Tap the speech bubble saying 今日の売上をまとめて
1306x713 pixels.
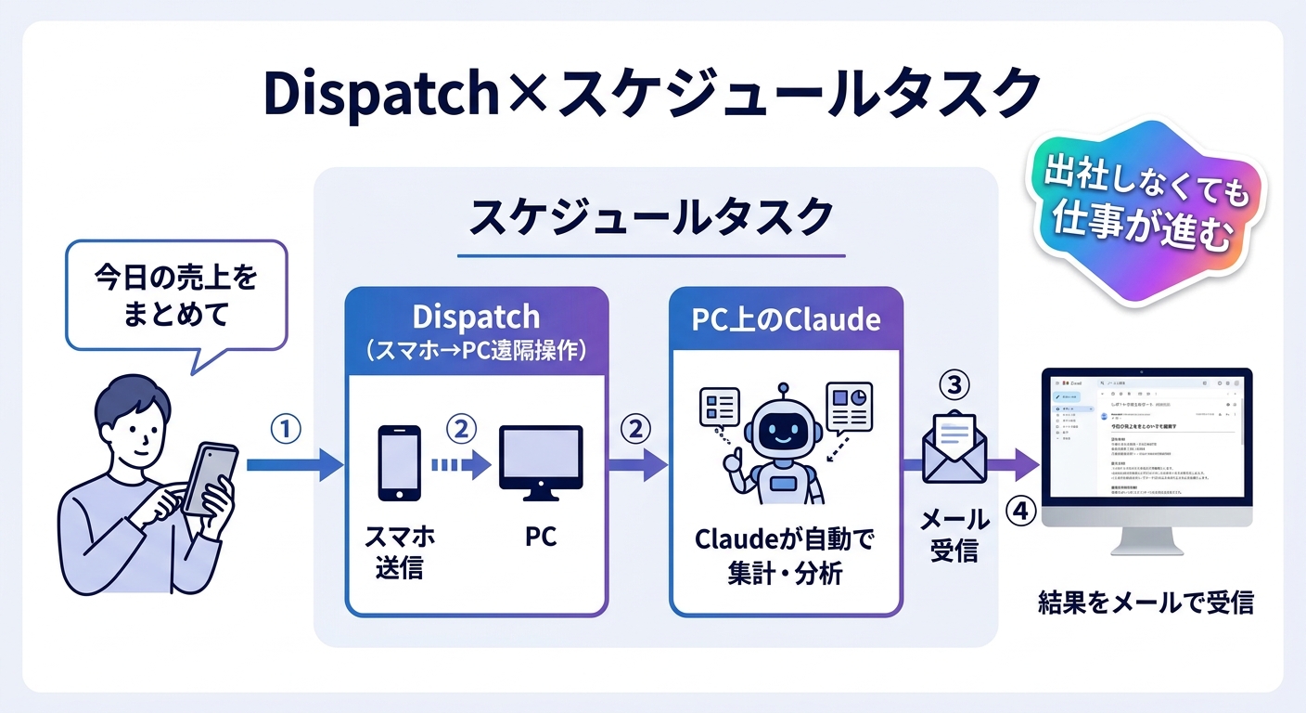[x=174, y=296]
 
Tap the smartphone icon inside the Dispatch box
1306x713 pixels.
[x=400, y=462]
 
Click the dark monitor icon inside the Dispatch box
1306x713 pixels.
[x=541, y=460]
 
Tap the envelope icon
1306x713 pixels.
[x=954, y=447]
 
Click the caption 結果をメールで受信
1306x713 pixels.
[x=1146, y=603]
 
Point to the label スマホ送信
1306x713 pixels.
[x=400, y=552]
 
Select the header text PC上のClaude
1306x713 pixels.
[x=785, y=318]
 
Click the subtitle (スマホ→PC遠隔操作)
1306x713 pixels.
[x=477, y=351]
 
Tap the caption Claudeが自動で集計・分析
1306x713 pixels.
[x=785, y=555]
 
